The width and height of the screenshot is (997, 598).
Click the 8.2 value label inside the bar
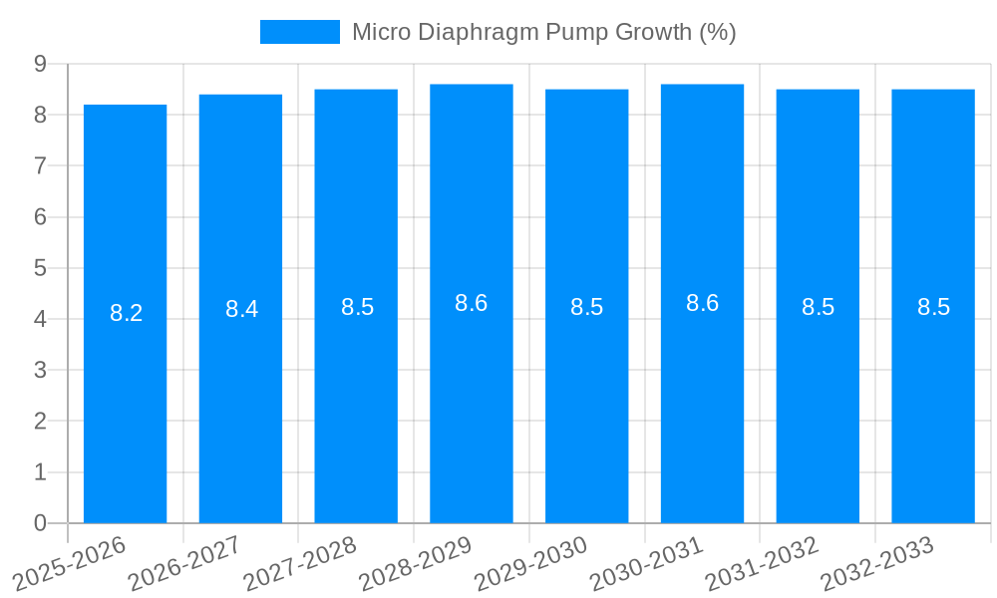click(x=126, y=313)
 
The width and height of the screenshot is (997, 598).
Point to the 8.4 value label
click(x=241, y=309)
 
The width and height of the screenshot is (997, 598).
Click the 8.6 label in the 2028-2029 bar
click(x=471, y=303)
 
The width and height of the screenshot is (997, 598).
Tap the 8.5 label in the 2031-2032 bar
click(x=818, y=307)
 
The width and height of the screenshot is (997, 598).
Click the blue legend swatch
click(x=299, y=32)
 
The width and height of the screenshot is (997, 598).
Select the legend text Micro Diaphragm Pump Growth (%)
click(x=543, y=32)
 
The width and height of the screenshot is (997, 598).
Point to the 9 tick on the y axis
click(x=41, y=64)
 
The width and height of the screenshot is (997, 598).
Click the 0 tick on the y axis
click(x=41, y=523)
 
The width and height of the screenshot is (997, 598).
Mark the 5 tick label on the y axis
click(x=41, y=268)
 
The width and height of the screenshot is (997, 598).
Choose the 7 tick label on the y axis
click(x=41, y=165)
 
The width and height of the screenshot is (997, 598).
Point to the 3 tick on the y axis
click(x=41, y=370)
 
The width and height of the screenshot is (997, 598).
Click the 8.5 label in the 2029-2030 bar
click(x=586, y=307)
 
